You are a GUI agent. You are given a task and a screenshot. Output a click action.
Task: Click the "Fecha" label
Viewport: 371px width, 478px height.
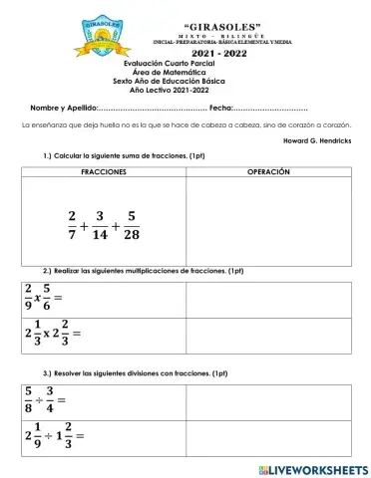(x=220, y=107)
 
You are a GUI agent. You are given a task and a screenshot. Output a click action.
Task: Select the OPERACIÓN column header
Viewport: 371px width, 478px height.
(x=267, y=172)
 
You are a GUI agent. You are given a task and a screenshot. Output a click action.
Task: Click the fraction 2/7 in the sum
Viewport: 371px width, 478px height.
(x=72, y=225)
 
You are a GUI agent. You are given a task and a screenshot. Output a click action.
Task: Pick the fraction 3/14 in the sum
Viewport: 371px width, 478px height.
(x=100, y=225)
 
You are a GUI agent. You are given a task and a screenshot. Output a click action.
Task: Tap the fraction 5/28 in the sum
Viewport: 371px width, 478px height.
(x=133, y=225)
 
